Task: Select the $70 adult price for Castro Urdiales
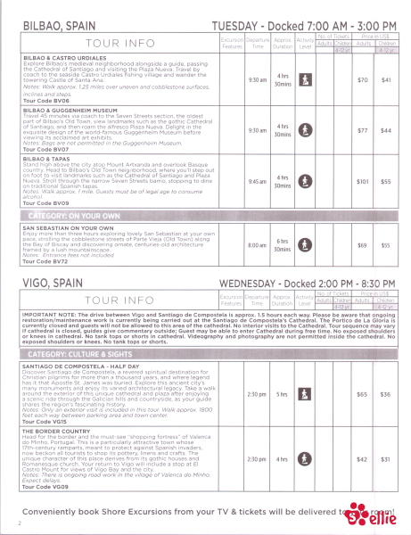[x=363, y=80]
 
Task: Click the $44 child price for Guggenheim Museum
[x=386, y=130]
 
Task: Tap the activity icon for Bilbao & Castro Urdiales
[x=305, y=80]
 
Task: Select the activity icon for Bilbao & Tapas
[x=305, y=181]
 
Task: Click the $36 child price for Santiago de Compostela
[x=386, y=368]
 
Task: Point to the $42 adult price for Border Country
[x=363, y=460]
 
